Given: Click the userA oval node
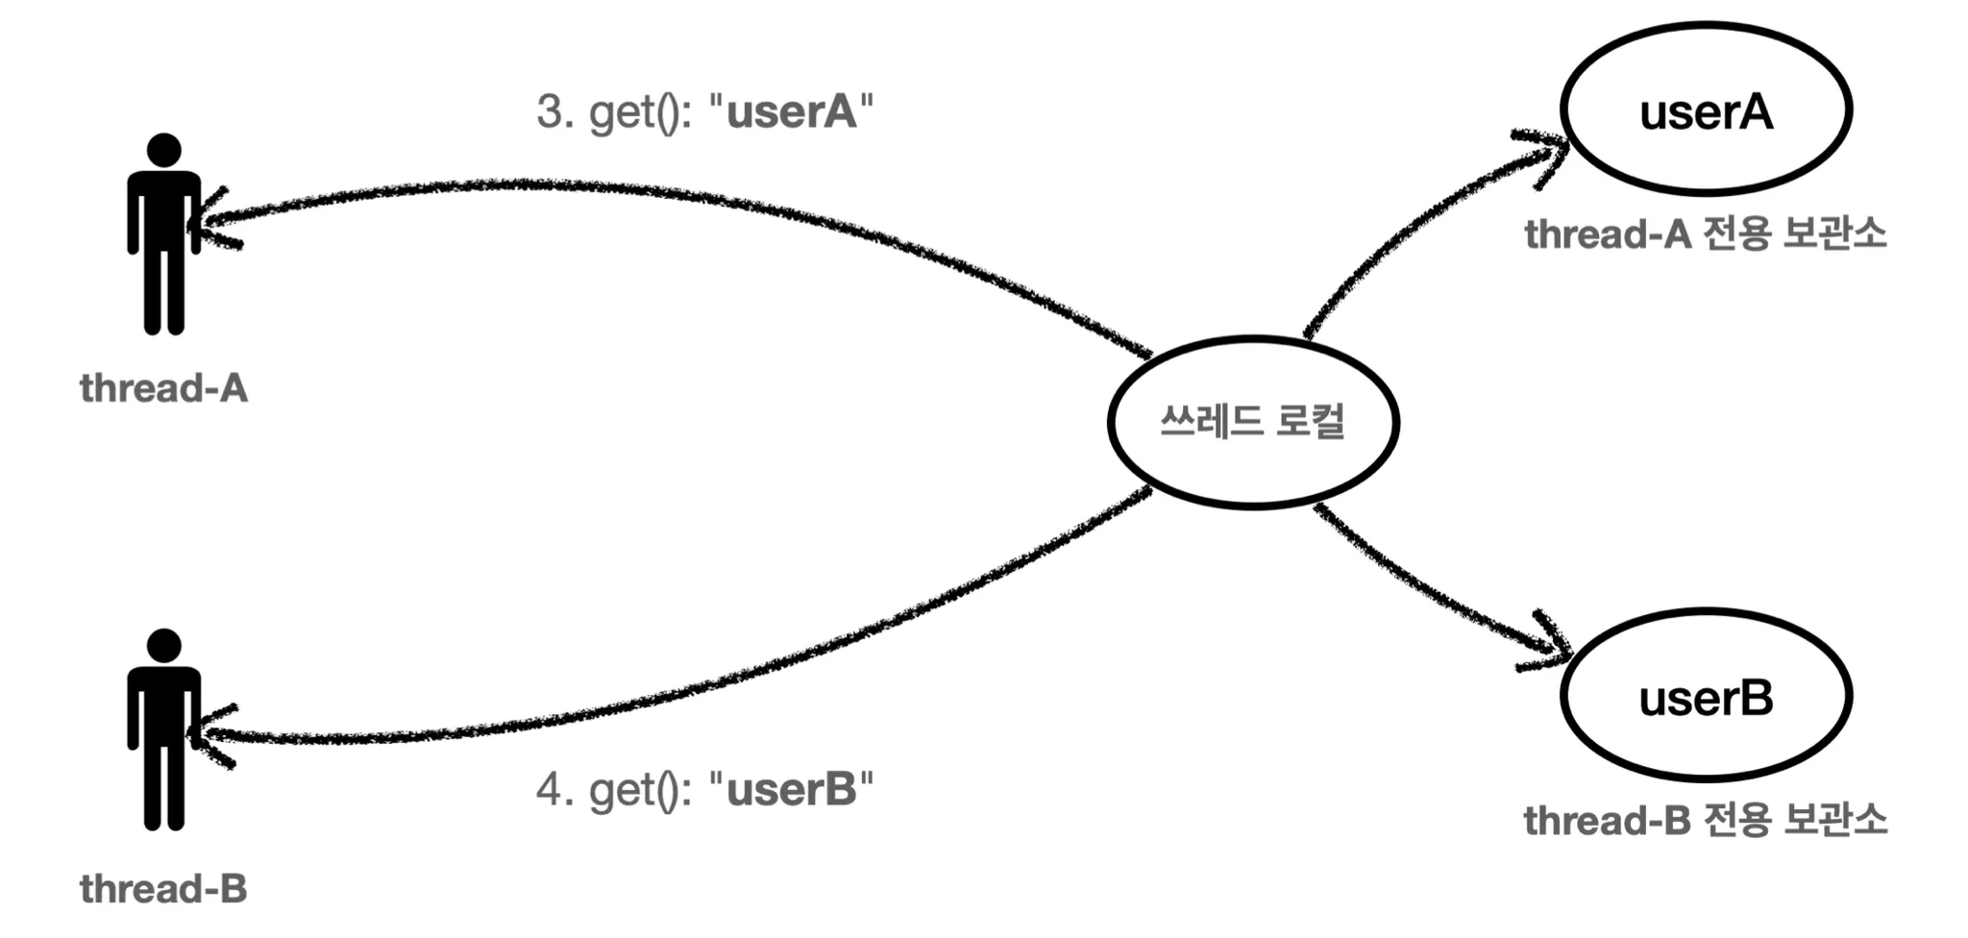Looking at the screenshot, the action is click(1706, 110).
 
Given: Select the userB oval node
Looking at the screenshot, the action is click(1706, 696).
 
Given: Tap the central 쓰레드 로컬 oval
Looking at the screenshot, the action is click(1253, 422).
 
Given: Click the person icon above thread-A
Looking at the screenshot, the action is click(164, 235).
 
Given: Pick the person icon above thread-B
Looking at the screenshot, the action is click(164, 730).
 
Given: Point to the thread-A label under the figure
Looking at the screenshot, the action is click(164, 388).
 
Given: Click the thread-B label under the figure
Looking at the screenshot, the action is click(164, 889).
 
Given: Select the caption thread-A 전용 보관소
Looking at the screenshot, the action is click(1706, 234).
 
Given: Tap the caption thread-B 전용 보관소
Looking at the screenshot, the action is click(1706, 821).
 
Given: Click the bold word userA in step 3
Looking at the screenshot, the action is click(791, 111).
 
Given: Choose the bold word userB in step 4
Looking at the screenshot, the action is click(791, 790).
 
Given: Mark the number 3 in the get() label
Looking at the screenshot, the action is click(551, 111).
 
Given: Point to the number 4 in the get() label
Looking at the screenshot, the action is click(551, 790).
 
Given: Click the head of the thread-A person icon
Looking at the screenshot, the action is click(164, 150).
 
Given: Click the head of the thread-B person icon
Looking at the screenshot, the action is click(164, 646).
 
